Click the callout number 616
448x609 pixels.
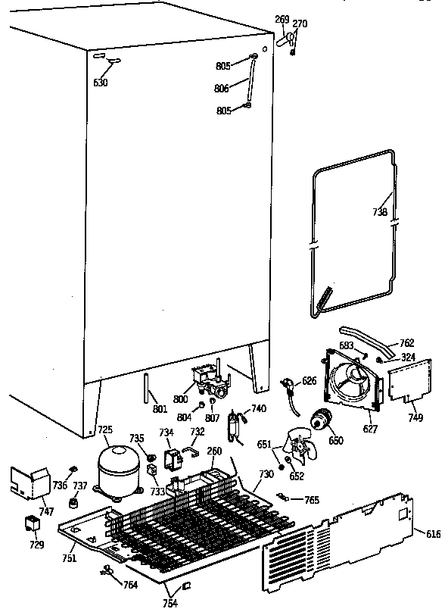433,535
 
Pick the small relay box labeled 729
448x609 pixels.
33,524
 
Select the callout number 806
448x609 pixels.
221,89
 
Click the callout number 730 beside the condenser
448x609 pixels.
266,475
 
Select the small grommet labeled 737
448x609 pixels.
75,503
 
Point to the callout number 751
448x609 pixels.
69,558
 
